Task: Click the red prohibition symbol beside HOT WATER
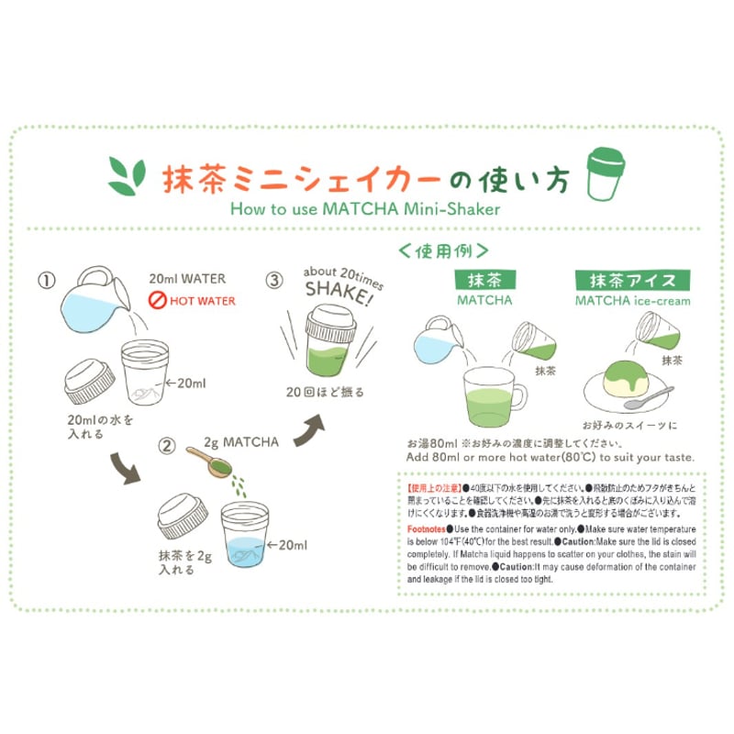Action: point(156,300)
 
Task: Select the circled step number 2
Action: point(166,447)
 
